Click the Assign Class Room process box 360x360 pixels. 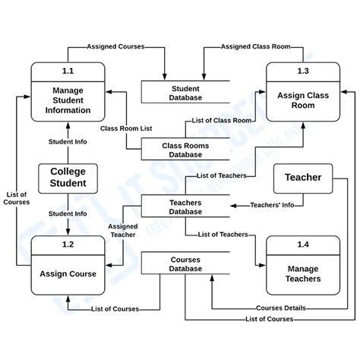(x=303, y=101)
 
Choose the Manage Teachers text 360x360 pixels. (x=303, y=273)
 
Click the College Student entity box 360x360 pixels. (x=68, y=177)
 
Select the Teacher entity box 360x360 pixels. (x=302, y=178)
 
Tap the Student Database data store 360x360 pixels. (x=185, y=93)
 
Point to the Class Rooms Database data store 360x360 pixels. (x=185, y=149)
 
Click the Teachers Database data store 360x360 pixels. (x=185, y=207)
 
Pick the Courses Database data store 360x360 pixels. (x=185, y=263)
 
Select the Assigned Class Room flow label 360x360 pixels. (x=255, y=46)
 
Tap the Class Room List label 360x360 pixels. (x=125, y=129)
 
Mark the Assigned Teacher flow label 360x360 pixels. (x=122, y=231)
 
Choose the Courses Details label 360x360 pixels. (x=281, y=308)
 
